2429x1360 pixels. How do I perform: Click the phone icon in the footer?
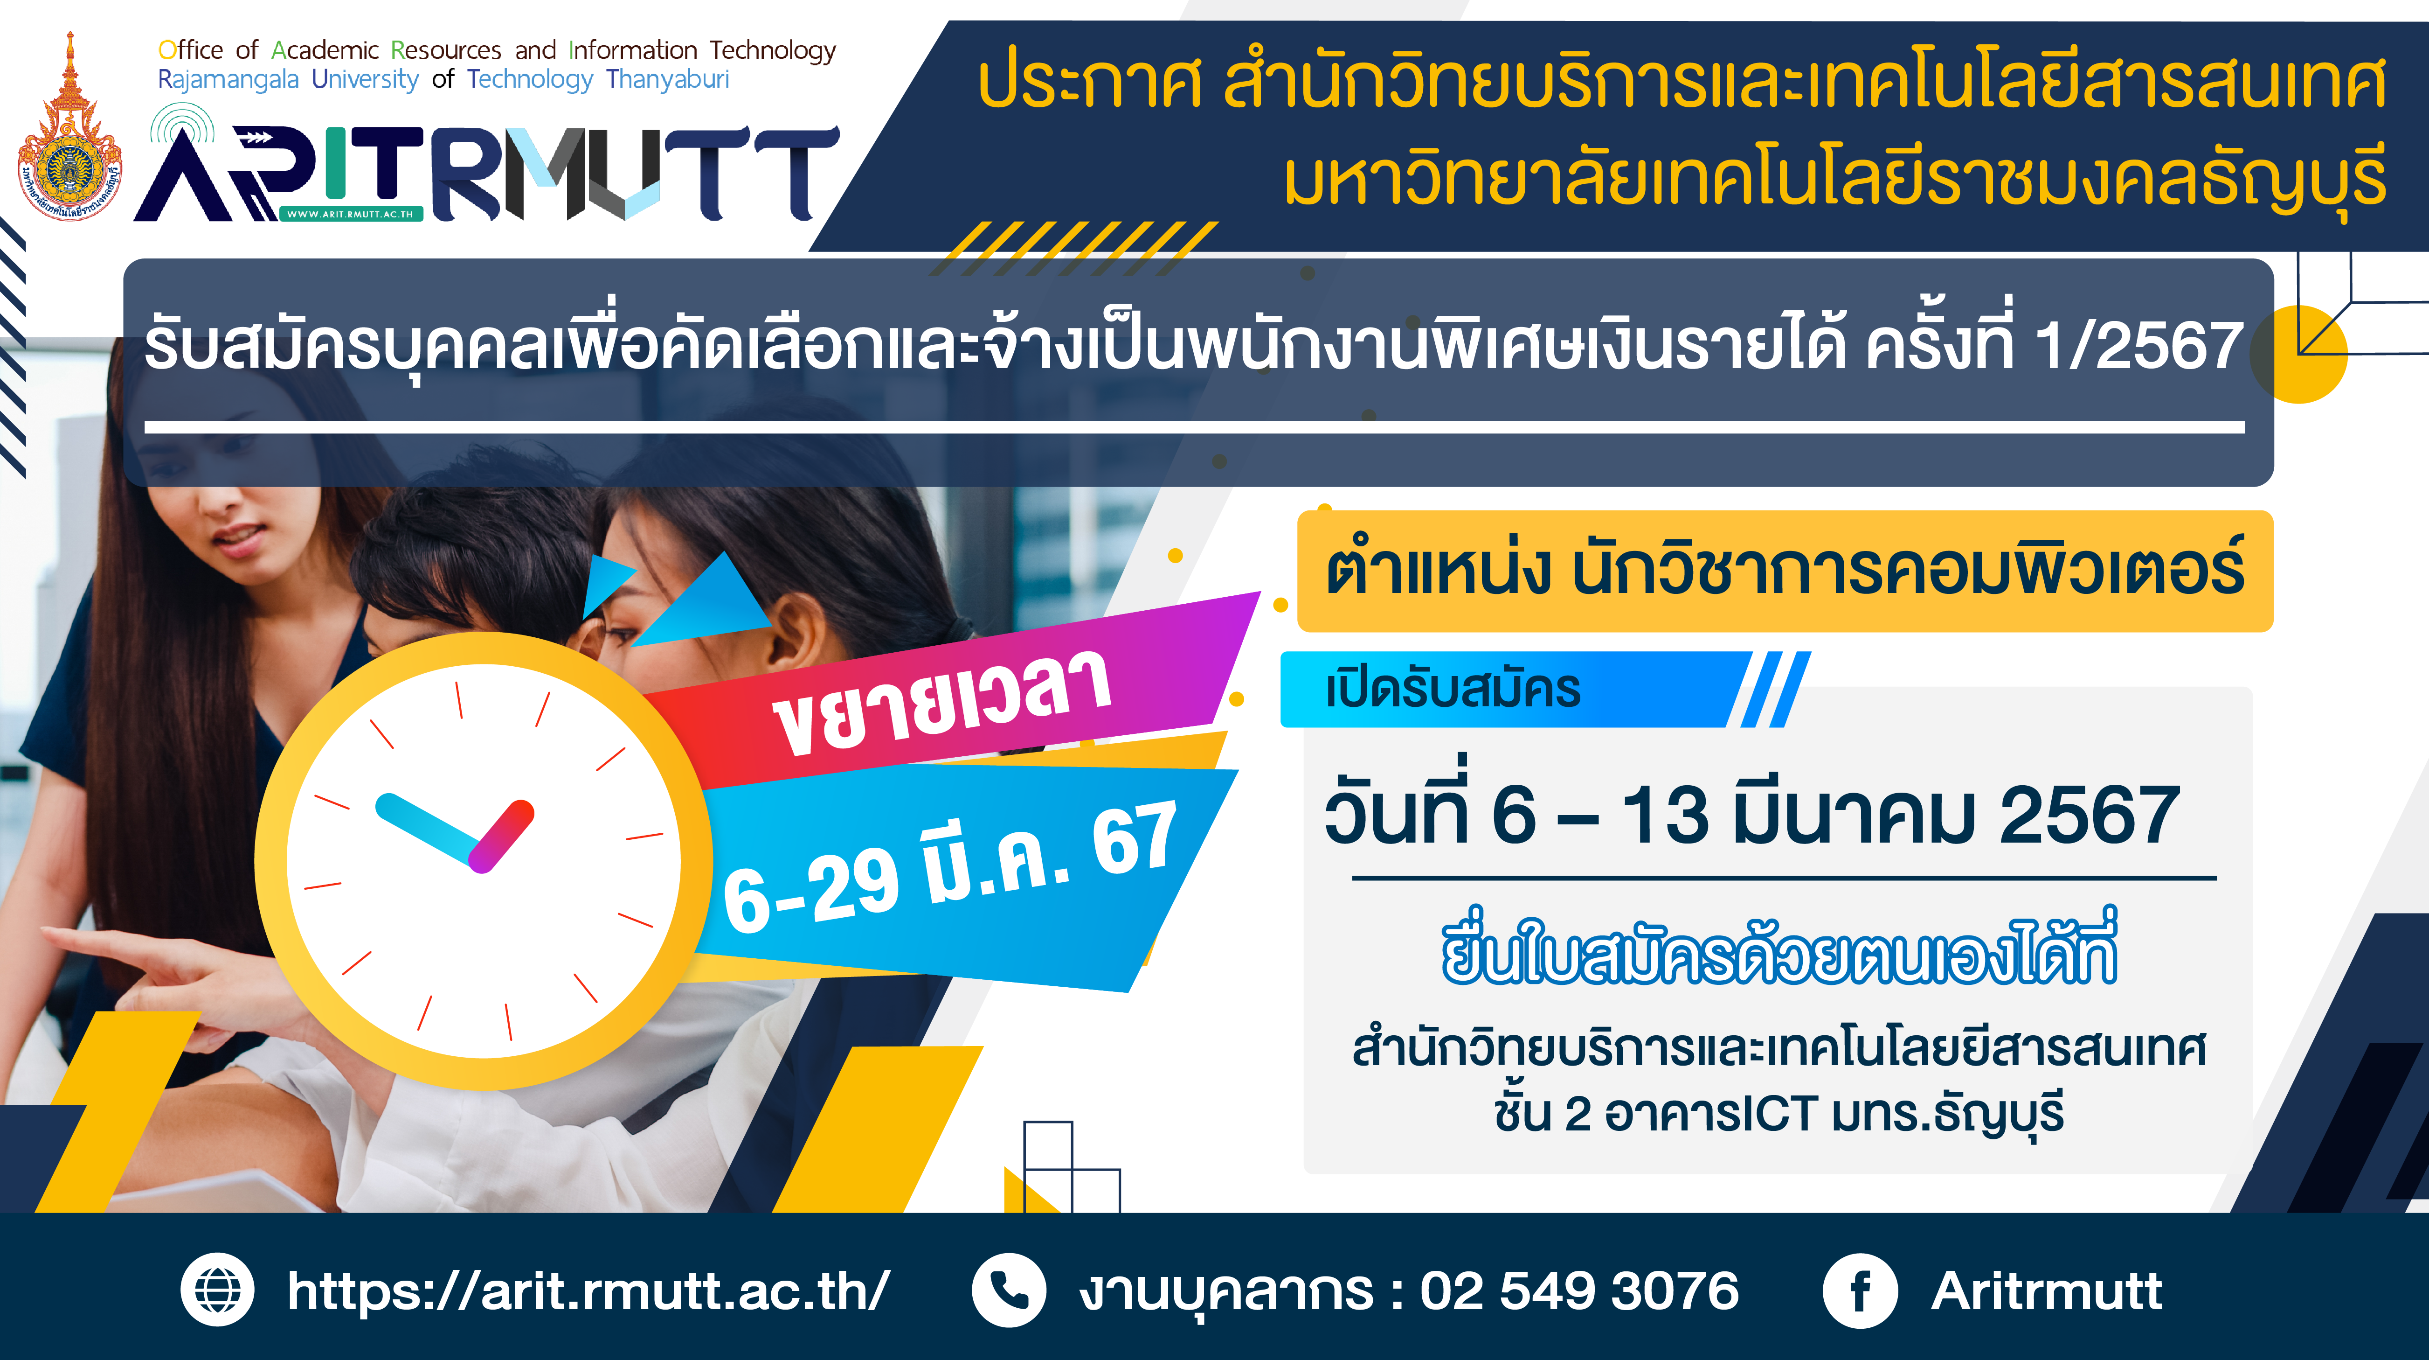1009,1290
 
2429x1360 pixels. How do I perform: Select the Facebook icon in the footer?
1860,1290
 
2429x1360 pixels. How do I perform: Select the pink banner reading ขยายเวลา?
952,693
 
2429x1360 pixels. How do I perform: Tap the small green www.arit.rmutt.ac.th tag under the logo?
351,214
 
